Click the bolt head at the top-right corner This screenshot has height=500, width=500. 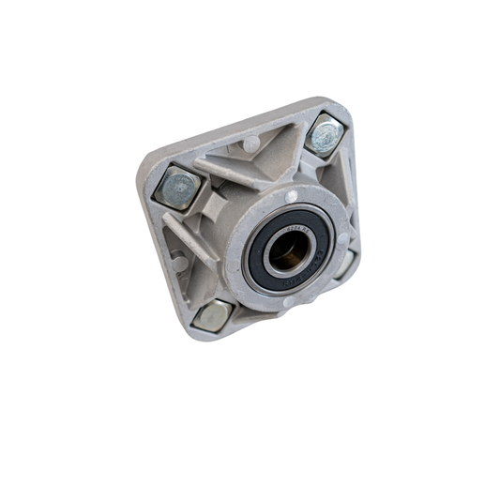(x=324, y=134)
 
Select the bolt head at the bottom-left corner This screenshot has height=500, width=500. (x=209, y=314)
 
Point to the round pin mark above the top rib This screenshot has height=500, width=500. (x=250, y=143)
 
